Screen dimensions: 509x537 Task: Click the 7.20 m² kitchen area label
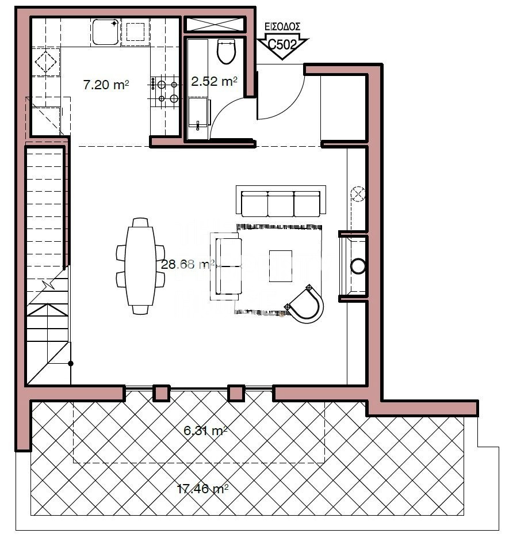[x=106, y=85]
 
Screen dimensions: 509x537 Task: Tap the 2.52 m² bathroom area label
[x=214, y=81]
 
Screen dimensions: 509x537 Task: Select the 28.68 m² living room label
[x=187, y=264]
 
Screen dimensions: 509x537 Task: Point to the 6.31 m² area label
[x=205, y=431]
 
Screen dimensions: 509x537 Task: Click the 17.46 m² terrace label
[x=202, y=489]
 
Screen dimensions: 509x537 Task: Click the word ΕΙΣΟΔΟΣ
[x=283, y=26]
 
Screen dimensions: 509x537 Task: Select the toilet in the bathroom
[x=227, y=52]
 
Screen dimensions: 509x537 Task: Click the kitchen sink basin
[x=105, y=32]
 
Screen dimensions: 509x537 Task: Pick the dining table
[x=140, y=266]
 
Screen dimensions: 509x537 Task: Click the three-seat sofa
[x=281, y=201]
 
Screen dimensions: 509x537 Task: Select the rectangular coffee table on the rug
[x=280, y=266]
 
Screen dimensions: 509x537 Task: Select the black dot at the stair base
[x=71, y=364]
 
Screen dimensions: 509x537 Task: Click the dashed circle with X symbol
[x=358, y=194]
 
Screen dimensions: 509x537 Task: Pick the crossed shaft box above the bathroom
[x=215, y=24]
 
